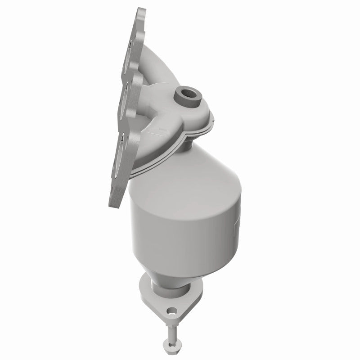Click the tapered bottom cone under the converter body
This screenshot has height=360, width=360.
coord(169,270)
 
